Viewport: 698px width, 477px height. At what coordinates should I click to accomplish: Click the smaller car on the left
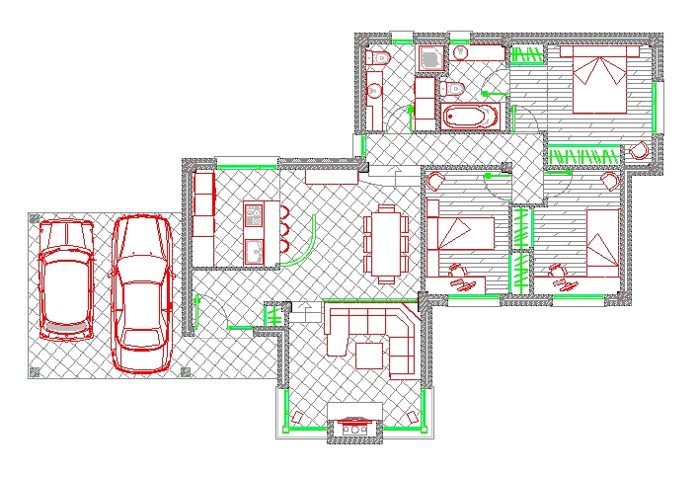65,280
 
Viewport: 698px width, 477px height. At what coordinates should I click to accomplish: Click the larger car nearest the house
141,294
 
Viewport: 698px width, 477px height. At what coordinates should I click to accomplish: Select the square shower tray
430,60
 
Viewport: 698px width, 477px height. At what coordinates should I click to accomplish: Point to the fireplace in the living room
352,428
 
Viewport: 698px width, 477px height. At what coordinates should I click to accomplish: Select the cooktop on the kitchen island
254,213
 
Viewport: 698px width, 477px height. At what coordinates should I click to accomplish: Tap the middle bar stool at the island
282,230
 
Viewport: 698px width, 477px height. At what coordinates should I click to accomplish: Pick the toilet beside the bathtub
454,90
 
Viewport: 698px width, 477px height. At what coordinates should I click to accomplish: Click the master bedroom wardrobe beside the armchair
584,154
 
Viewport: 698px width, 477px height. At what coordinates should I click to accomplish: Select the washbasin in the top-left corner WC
374,91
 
